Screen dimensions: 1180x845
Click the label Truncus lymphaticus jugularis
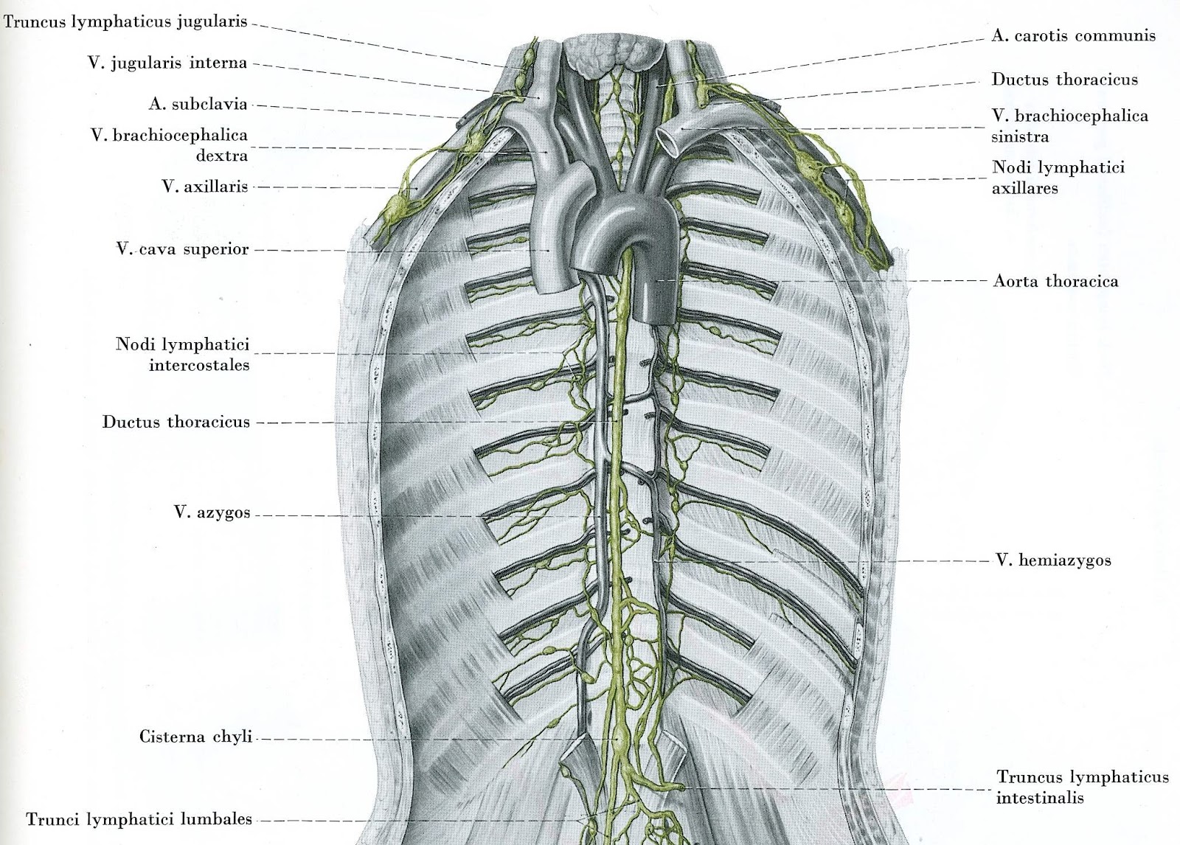click(125, 22)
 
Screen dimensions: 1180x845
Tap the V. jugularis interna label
click(167, 63)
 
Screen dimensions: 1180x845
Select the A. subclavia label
click(198, 104)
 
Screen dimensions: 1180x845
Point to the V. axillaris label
click(204, 186)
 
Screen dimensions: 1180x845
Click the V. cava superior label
click(182, 249)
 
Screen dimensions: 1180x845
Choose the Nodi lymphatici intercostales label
click(182, 354)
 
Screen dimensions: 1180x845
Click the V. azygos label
click(212, 512)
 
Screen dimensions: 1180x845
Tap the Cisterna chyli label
click(195, 737)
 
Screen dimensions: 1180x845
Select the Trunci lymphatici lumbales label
click(139, 818)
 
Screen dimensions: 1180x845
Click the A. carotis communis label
click(1073, 35)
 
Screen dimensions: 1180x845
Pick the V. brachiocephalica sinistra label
click(1069, 125)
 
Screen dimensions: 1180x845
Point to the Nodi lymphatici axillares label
click(1058, 177)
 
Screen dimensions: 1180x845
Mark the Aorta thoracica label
click(1055, 281)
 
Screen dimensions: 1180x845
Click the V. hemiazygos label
click(1053, 560)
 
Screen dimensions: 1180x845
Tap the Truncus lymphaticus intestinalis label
click(1082, 786)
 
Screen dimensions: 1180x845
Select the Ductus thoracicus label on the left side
click(176, 422)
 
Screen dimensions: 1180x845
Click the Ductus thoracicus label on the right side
click(1064, 80)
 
